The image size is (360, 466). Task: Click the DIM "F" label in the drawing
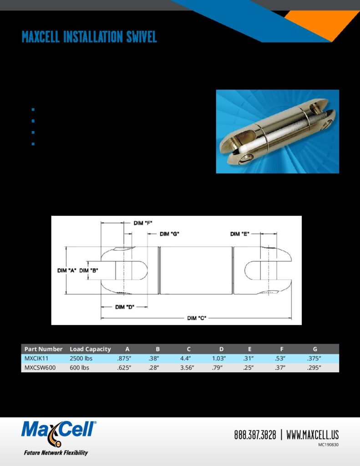coord(143,223)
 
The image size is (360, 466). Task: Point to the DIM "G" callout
coord(169,234)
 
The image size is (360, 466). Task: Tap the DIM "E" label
coord(239,234)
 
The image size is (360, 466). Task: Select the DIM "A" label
coord(66,270)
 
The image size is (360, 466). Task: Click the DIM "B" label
coord(89,270)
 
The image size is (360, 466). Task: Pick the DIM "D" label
coord(125,307)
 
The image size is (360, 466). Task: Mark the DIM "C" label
coord(197,318)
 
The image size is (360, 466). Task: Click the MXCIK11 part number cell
coord(36,359)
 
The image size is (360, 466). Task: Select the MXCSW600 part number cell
coord(40,368)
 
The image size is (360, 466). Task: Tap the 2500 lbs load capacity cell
coord(81,359)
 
